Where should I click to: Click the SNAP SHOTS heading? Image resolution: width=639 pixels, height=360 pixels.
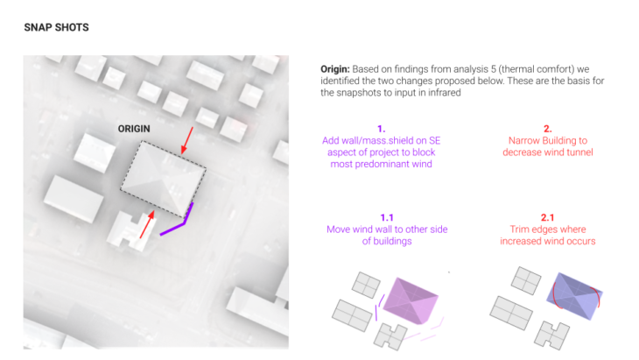[56, 27]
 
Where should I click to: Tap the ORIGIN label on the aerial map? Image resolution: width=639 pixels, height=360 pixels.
[134, 129]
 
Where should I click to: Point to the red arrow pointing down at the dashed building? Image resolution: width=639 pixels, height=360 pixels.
[187, 141]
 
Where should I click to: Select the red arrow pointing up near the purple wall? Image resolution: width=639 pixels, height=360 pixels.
[147, 224]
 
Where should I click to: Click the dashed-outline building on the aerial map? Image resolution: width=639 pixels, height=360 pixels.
[163, 179]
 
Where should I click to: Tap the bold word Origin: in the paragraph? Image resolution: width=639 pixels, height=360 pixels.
[335, 69]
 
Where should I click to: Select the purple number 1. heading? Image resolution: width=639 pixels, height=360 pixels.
[382, 129]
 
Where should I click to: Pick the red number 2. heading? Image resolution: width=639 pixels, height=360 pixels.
[548, 129]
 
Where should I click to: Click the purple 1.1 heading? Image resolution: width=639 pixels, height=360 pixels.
[387, 217]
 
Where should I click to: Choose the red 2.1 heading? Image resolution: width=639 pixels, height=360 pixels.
[547, 217]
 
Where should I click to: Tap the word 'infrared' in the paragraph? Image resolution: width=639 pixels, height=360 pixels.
[444, 93]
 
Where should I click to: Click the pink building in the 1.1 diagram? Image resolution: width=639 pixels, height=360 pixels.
[411, 301]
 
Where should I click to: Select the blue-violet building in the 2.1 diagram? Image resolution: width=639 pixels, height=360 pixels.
[574, 295]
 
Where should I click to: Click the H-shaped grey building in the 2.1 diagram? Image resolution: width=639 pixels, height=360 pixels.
[552, 335]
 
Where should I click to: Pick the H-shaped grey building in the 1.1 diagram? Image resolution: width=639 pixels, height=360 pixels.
[391, 336]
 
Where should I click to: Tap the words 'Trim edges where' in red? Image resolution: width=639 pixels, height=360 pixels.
[548, 229]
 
